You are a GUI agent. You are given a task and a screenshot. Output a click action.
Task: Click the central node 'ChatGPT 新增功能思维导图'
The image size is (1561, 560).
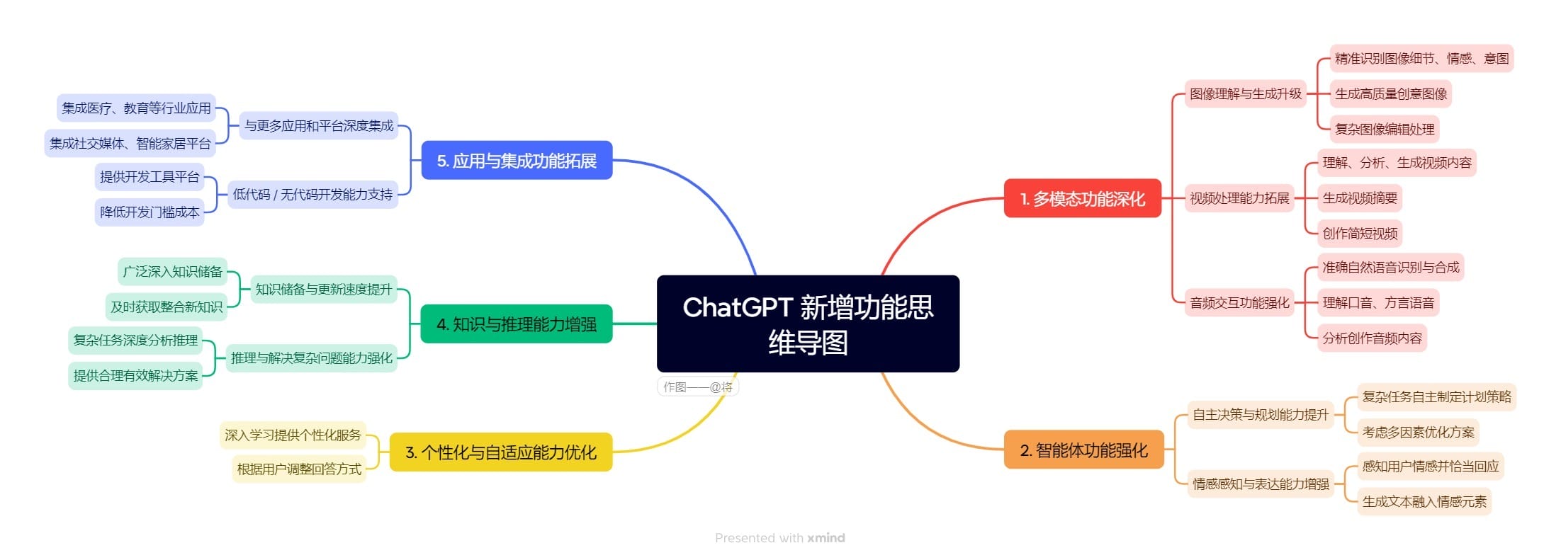[808, 324]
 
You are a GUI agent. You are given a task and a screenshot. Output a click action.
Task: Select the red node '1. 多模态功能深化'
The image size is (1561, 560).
[1082, 198]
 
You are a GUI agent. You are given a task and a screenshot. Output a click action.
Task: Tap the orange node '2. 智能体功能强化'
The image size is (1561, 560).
[1083, 450]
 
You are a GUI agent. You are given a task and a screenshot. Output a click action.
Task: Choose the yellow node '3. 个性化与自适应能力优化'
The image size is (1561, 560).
[500, 452]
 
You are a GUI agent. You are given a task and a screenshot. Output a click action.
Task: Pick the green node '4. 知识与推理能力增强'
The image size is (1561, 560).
[516, 324]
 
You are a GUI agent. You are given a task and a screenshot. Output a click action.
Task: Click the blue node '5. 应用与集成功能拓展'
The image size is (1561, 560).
[516, 160]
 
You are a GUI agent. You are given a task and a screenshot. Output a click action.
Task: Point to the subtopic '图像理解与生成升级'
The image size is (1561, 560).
[1245, 93]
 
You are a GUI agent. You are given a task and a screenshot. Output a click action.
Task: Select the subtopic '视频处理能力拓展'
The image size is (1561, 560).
[1239, 198]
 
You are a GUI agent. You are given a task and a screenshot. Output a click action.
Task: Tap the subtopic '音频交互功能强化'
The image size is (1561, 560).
[1239, 302]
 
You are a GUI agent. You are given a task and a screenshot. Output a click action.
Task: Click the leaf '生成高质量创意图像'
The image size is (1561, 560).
[1390, 93]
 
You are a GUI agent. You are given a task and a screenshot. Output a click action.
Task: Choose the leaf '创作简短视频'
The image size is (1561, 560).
[1359, 233]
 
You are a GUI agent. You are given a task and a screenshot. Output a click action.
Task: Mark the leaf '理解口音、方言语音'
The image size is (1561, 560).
[1377, 302]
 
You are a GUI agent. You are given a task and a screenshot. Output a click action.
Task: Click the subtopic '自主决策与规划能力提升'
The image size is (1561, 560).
[1260, 414]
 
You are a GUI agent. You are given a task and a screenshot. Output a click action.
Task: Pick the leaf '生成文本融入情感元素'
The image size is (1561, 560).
[1424, 501]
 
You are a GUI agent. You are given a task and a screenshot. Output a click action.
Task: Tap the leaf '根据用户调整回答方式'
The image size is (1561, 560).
[299, 469]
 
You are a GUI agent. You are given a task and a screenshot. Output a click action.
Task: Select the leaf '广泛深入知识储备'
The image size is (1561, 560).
[172, 271]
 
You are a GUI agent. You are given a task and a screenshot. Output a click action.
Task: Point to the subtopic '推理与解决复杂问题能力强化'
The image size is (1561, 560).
[311, 358]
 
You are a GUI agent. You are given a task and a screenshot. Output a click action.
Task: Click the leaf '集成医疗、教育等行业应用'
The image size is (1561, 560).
[136, 108]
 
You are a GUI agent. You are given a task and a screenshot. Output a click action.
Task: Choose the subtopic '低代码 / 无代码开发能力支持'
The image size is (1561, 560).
[312, 194]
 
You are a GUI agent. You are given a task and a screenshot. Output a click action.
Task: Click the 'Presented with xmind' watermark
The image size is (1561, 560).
[779, 537]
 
